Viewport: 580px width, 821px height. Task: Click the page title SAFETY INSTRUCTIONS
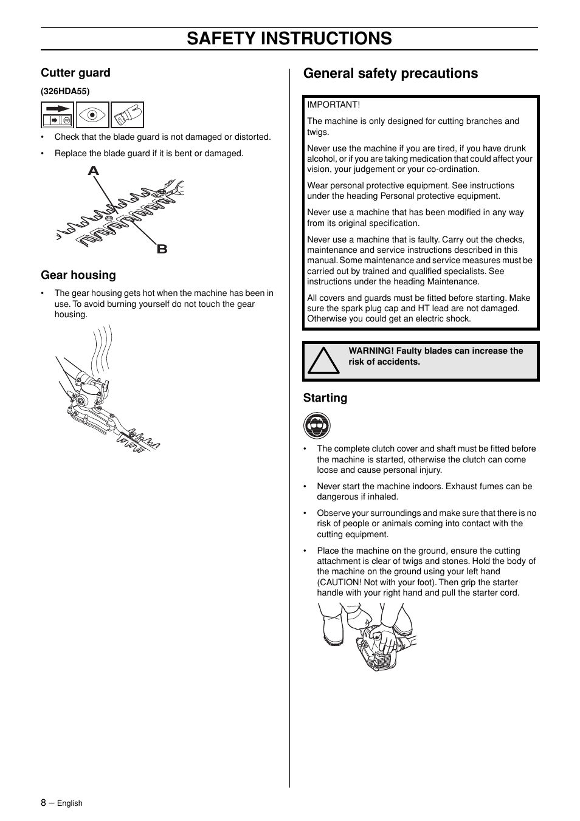[289, 38]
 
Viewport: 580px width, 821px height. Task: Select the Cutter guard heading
[75, 73]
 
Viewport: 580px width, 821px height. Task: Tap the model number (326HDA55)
[65, 91]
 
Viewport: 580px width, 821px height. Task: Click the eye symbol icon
[92, 115]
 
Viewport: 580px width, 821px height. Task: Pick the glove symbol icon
[128, 115]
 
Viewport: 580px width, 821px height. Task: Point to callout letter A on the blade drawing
[93, 171]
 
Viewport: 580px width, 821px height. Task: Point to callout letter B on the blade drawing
[162, 249]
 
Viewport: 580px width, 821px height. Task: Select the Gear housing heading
[78, 275]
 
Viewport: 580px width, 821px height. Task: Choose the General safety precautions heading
[390, 74]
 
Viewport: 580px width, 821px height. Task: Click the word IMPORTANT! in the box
[333, 105]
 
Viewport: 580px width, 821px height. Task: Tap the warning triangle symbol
[323, 361]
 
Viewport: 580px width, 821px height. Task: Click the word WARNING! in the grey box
[371, 351]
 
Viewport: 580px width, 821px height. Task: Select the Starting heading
[325, 398]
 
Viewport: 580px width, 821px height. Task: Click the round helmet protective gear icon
[317, 425]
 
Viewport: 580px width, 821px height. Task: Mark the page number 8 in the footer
[44, 802]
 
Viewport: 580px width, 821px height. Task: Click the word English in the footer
[69, 803]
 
